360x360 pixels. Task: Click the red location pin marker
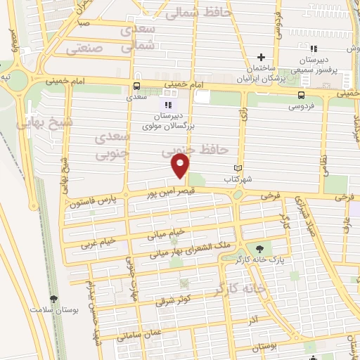181,165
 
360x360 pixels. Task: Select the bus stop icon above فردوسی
302,94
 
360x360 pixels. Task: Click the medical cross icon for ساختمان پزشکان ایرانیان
260,57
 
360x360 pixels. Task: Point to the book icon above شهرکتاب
238,168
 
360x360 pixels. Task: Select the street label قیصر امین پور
169,192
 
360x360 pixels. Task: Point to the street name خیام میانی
166,233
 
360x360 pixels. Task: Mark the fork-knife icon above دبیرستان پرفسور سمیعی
314,49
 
